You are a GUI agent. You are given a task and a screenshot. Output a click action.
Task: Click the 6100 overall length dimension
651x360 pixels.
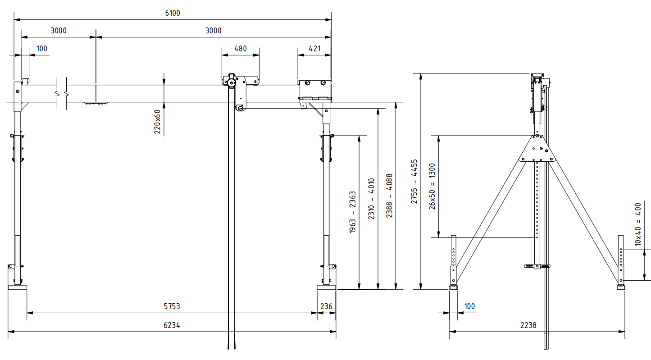tap(172, 13)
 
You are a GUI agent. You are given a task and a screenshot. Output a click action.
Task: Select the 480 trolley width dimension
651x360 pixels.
tap(241, 49)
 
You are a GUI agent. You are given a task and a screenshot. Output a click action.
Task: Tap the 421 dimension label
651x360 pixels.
tap(314, 49)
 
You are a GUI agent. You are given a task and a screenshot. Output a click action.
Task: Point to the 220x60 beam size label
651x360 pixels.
tap(157, 122)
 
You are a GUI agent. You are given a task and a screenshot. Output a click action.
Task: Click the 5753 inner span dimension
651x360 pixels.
tap(172, 306)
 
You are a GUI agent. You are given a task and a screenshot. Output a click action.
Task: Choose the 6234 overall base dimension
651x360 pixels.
tap(172, 325)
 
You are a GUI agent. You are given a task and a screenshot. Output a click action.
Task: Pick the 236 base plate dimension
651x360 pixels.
tap(326, 306)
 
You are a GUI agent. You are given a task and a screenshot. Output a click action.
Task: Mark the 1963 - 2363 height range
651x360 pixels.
tap(353, 212)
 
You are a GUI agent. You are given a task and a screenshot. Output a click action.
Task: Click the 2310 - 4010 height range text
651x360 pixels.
tap(371, 199)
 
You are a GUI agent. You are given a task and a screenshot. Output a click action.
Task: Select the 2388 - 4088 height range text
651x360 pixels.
tap(390, 196)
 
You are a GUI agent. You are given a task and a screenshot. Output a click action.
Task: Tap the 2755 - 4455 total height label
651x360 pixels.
tap(414, 181)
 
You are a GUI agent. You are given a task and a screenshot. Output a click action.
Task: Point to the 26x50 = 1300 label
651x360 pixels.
tap(432, 186)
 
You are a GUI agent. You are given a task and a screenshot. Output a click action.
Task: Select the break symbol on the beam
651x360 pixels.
tap(62, 94)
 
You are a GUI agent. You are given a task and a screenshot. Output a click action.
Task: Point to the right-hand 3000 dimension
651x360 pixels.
tap(213, 31)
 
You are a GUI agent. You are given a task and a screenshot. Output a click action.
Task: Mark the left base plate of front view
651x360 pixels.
tap(18, 287)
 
